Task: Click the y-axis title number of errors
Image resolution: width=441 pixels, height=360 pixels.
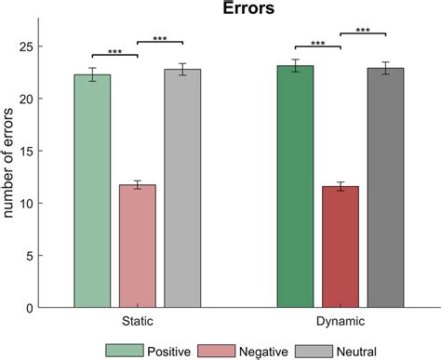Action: pos(11,177)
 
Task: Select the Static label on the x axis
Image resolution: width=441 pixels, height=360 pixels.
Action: pos(138,321)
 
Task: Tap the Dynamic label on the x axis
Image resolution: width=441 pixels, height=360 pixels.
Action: pos(341,321)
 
